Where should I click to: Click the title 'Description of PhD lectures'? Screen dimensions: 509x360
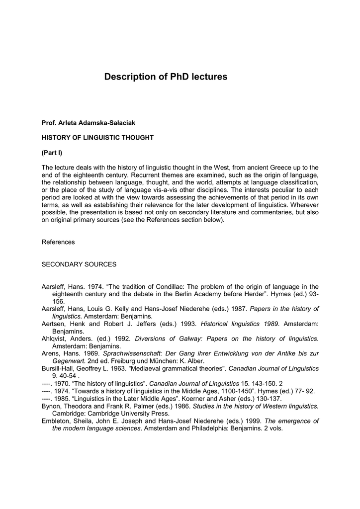(x=166, y=77)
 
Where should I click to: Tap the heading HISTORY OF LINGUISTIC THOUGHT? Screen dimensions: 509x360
(x=97, y=137)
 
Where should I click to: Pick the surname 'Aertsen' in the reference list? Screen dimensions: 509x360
(x=53, y=323)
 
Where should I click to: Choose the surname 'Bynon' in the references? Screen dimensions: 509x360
(x=51, y=406)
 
